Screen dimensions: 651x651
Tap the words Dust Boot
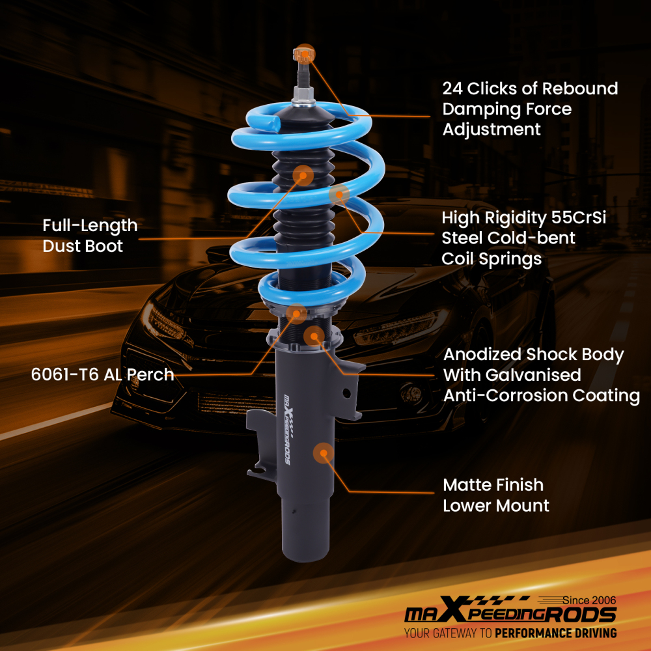coord(83,246)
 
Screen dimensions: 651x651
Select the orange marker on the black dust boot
coord(303,175)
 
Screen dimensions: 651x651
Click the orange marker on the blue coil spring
coord(339,193)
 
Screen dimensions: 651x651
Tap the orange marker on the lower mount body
coord(323,452)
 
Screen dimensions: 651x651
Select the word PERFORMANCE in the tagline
coord(534,633)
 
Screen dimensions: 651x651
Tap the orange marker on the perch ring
coord(297,314)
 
